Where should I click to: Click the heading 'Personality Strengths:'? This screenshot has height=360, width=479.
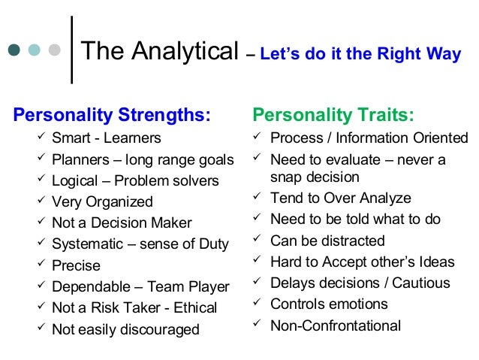112,116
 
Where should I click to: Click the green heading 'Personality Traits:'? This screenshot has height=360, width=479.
333,116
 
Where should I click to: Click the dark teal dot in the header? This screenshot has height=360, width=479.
15,51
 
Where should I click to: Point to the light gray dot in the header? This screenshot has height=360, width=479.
54,51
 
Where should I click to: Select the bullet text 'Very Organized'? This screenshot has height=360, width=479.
102,201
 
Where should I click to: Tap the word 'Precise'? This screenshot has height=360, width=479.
76,265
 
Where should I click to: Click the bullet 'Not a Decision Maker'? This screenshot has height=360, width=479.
122,222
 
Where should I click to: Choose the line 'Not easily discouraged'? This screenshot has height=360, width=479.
125,329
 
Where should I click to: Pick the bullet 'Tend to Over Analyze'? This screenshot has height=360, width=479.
340,198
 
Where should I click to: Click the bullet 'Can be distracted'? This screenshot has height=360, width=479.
327,241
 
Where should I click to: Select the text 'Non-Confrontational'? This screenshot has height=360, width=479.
336,325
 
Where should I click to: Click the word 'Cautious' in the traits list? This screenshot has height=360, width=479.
423,283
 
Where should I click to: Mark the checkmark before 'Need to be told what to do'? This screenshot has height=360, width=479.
257,219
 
